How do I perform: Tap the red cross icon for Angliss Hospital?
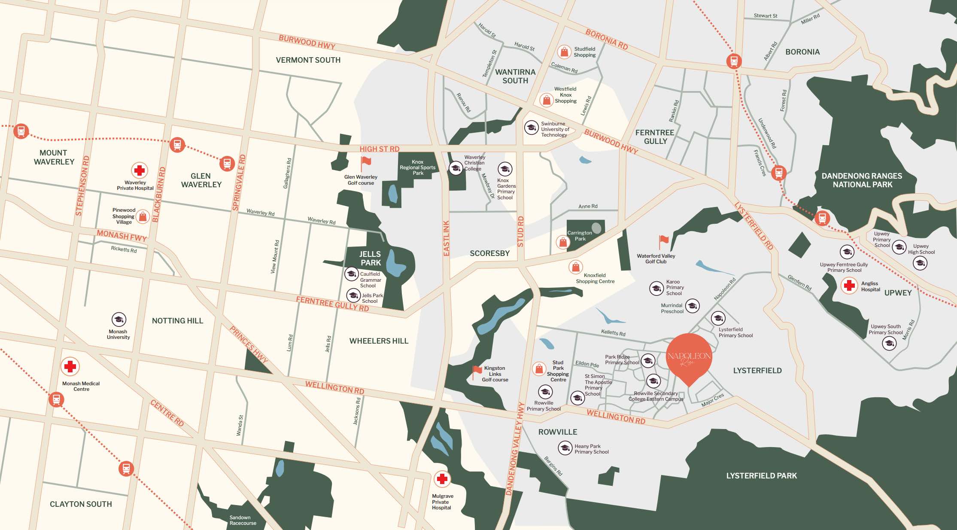pyautogui.click(x=849, y=286)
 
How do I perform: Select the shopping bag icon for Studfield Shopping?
pyautogui.click(x=564, y=52)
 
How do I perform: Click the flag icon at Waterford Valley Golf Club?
pyautogui.click(x=663, y=242)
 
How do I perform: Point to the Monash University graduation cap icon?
pyautogui.click(x=118, y=319)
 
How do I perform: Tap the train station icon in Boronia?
pyautogui.click(x=734, y=61)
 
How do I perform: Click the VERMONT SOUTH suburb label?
pyautogui.click(x=308, y=60)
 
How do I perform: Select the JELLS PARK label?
pyautogui.click(x=370, y=258)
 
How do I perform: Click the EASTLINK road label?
pyautogui.click(x=446, y=238)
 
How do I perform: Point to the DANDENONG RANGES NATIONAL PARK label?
pyautogui.click(x=862, y=180)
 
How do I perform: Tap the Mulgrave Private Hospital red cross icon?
pyautogui.click(x=442, y=478)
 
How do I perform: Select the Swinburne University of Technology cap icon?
pyautogui.click(x=531, y=128)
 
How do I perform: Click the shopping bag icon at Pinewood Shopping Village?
pyautogui.click(x=143, y=216)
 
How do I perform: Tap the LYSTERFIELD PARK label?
pyautogui.click(x=761, y=475)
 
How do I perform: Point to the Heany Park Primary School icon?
pyautogui.click(x=565, y=448)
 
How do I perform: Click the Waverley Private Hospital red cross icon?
pyautogui.click(x=139, y=171)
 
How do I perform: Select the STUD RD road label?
pyautogui.click(x=520, y=231)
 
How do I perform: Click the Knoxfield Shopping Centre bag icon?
pyautogui.click(x=575, y=267)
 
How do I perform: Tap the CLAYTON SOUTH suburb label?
pyautogui.click(x=81, y=504)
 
